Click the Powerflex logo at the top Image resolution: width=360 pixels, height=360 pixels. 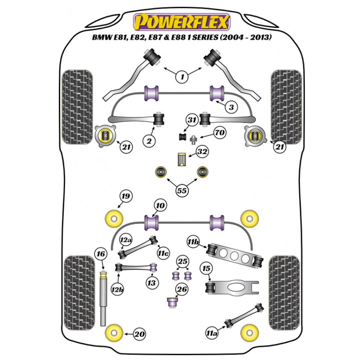(182, 22)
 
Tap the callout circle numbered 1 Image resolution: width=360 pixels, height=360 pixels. (182, 77)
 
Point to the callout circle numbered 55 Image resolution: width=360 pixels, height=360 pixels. (182, 191)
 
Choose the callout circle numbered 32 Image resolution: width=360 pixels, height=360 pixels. (202, 152)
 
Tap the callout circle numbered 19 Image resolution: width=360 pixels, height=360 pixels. (126, 196)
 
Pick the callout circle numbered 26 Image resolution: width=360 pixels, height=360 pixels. (182, 289)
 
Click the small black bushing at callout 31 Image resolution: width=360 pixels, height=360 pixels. (182, 136)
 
